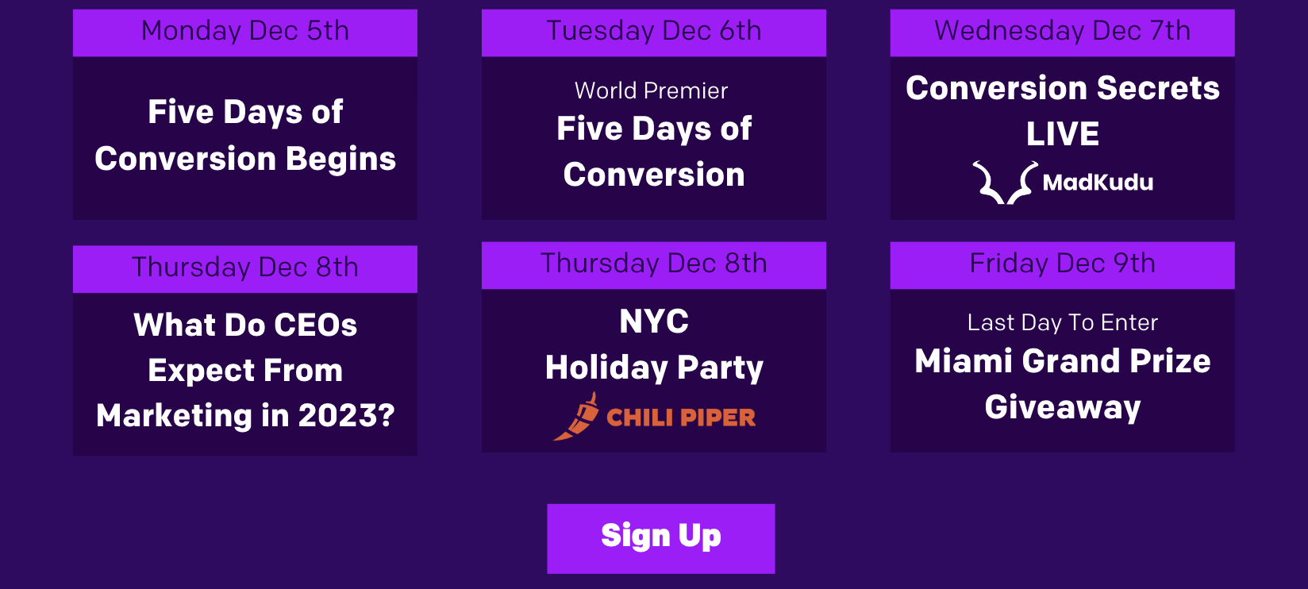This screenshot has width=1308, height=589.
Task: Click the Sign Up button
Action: click(x=661, y=538)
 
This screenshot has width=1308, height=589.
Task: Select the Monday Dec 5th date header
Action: click(x=245, y=33)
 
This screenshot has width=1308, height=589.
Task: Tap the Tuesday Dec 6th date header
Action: click(x=654, y=33)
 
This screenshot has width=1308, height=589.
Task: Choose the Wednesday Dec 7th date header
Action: click(x=1063, y=33)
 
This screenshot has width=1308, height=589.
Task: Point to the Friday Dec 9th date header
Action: click(x=1063, y=265)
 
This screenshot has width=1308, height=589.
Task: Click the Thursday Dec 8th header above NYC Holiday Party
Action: click(x=654, y=265)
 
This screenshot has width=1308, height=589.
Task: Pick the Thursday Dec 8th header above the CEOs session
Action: click(x=245, y=269)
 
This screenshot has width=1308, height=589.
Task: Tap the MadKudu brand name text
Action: click(x=1098, y=183)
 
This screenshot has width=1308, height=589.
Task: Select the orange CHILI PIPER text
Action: click(x=681, y=418)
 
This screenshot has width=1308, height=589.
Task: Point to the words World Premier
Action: click(x=651, y=90)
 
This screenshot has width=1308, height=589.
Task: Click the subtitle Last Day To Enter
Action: click(x=1063, y=323)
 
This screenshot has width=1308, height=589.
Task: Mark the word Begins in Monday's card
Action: click(x=341, y=160)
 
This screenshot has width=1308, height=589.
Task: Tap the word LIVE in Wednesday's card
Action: click(x=1063, y=133)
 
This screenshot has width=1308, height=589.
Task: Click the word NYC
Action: click(x=654, y=321)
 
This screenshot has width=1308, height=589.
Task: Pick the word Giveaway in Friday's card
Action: click(x=1063, y=407)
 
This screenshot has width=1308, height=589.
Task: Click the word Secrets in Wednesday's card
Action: click(x=1158, y=88)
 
